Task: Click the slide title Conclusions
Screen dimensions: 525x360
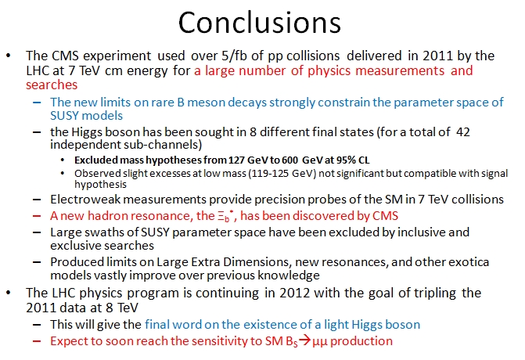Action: [x=260, y=23]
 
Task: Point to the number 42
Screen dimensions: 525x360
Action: [x=463, y=132]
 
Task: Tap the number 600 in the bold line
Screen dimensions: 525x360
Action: [x=289, y=160]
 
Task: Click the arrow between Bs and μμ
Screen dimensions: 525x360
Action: [x=304, y=340]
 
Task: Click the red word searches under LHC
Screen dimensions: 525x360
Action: [x=52, y=85]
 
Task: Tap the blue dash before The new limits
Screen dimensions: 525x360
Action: [x=37, y=103]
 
